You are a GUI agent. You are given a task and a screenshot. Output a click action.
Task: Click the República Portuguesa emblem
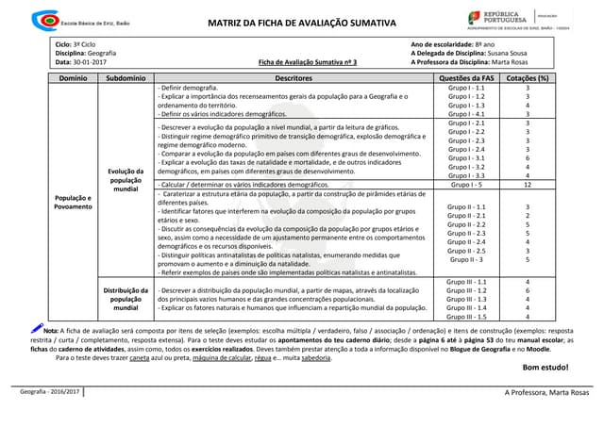point(478,17)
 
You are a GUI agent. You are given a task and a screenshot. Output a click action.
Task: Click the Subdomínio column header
point(126,78)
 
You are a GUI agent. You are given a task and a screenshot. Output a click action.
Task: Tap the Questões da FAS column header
point(467,78)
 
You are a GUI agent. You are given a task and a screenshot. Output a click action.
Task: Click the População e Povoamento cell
point(73,203)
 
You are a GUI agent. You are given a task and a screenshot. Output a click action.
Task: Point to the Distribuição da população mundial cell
point(126,299)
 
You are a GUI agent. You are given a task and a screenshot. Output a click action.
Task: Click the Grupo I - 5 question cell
point(467,185)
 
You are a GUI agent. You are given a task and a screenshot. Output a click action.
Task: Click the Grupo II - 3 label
point(467,259)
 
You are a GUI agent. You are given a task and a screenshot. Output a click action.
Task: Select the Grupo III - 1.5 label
point(467,317)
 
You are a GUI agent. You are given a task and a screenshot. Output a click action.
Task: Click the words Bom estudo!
point(545,367)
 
